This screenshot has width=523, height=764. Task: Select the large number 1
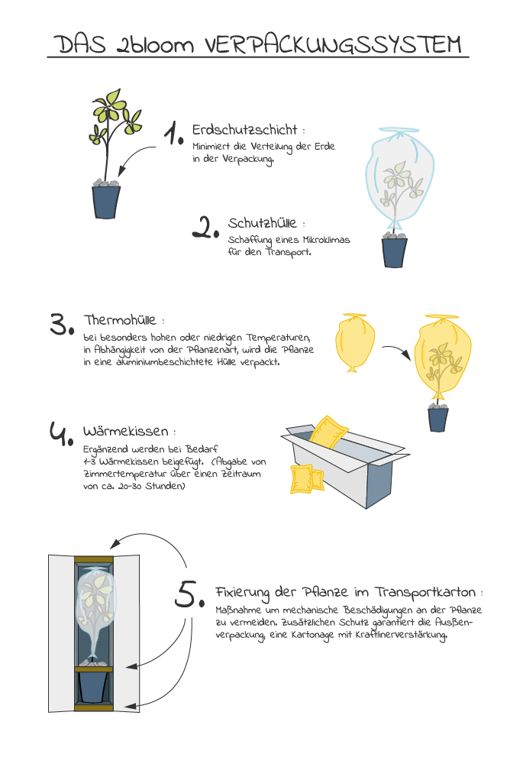click(175, 134)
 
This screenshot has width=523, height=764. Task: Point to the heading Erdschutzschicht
click(244, 130)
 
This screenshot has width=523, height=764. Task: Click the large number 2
click(205, 227)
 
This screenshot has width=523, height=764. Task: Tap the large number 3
click(62, 324)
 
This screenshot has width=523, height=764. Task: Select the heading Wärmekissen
click(125, 431)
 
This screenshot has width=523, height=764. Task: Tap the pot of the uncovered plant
click(107, 202)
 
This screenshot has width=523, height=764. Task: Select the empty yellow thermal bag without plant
click(355, 344)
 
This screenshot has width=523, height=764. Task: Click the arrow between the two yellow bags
click(395, 352)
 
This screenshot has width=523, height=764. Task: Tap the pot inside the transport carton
click(94, 686)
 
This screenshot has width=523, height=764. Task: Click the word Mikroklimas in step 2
click(324, 240)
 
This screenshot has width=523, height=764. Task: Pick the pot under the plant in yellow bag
click(438, 419)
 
